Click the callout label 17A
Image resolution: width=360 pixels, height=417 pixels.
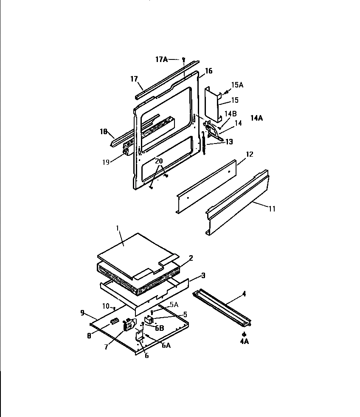162,60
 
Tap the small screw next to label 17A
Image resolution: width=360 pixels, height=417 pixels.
183,59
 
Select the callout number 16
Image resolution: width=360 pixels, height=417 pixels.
208,71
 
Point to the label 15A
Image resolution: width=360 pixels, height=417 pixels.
237,85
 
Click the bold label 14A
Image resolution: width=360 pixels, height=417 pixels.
256,118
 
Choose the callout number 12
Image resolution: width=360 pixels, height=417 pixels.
249,154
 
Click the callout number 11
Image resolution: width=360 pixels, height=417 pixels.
272,209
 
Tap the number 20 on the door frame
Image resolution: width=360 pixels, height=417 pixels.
158,161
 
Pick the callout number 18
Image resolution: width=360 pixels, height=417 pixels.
103,132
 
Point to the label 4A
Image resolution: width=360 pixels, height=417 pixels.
244,341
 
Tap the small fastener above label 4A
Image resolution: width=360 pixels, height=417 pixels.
244,334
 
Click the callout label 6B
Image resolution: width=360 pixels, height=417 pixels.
159,328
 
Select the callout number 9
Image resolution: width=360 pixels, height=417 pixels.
82,313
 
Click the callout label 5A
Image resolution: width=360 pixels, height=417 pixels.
174,304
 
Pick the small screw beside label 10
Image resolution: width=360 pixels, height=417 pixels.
114,308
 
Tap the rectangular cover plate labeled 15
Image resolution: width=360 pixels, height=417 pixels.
212,103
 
